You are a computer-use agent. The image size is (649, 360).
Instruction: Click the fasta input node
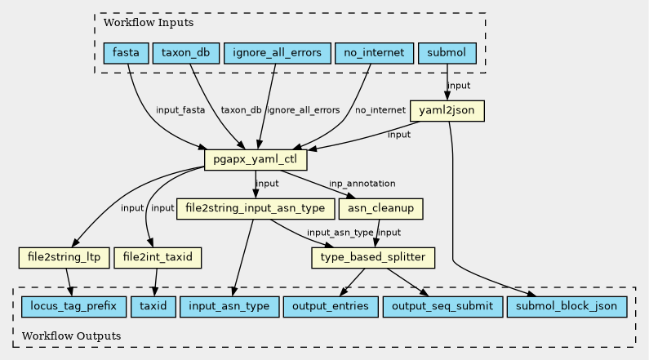126,54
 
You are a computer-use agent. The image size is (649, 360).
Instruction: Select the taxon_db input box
185,54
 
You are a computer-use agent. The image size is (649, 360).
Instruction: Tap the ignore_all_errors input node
277,54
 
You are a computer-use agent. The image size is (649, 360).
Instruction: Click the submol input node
447,54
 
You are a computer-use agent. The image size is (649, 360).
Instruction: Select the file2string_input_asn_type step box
256,208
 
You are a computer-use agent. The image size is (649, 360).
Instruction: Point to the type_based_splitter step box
372,258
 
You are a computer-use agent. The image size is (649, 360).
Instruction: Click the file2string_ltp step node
64,258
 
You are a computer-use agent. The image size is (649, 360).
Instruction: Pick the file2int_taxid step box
158,258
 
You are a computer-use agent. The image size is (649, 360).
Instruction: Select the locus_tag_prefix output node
69,307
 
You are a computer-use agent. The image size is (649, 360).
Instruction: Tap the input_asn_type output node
229,307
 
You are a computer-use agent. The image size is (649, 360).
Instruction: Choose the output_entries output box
331,307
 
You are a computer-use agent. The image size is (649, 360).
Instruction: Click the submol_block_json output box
568,307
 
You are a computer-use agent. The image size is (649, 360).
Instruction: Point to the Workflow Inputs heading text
136,21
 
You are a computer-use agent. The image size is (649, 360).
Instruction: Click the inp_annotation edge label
362,184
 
